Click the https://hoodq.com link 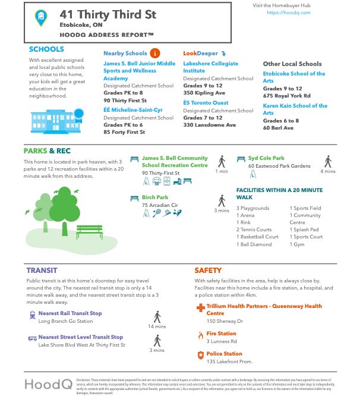click(x=280, y=12)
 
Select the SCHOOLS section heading click(x=47, y=49)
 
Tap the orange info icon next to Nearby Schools click(x=155, y=53)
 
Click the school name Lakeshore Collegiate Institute click(x=210, y=67)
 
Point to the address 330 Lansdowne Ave click(x=209, y=125)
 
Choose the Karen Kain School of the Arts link click(x=295, y=109)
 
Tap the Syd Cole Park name click(x=267, y=158)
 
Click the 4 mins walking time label click(x=328, y=171)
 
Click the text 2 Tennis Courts click(x=254, y=230)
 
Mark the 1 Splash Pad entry click(x=306, y=230)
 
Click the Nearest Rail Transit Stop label click(x=70, y=313)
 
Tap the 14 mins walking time click(x=157, y=326)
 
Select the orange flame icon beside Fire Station click(x=200, y=335)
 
